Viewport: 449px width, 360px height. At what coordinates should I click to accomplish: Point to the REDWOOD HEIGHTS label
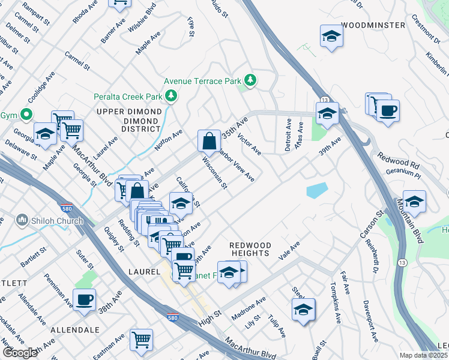click(x=250, y=249)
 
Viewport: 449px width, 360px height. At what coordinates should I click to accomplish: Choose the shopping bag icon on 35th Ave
click(x=209, y=142)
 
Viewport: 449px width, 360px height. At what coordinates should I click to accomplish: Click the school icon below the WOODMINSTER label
click(x=331, y=37)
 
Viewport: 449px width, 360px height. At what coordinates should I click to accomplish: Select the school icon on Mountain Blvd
click(x=414, y=202)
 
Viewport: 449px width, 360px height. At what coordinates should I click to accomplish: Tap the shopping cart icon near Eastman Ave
click(x=142, y=340)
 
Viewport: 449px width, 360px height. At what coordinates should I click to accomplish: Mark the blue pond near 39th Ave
click(x=317, y=190)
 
